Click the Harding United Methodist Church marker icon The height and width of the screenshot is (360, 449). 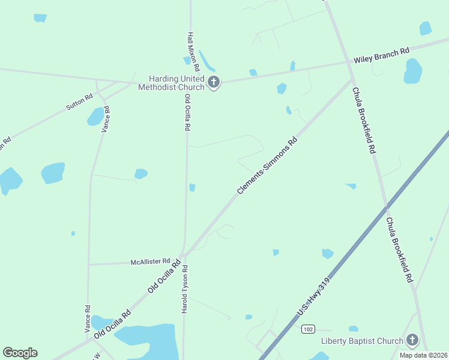point(214,82)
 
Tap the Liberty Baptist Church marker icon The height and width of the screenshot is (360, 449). point(412,341)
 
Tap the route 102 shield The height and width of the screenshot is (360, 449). point(308,329)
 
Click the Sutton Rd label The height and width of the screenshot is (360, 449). point(79,101)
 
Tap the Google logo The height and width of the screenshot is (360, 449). point(20,353)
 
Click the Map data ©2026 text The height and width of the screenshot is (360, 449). point(424,355)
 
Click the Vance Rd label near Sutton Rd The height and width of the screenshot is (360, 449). point(106,119)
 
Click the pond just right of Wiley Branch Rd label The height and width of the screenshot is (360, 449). point(413,71)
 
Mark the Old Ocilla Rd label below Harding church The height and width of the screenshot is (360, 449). point(188,113)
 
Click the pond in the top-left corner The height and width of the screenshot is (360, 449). point(40,18)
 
